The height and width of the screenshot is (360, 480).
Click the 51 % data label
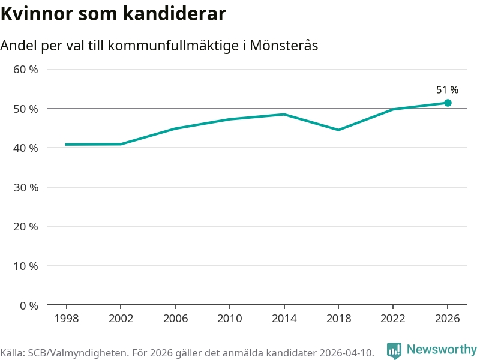point(447,90)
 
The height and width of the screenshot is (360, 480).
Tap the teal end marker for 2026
point(448,103)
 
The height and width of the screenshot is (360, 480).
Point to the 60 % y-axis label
point(26,70)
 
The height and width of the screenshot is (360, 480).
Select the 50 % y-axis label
point(26,109)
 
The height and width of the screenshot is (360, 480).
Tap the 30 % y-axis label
point(26,187)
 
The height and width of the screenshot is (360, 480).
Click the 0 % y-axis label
point(29,305)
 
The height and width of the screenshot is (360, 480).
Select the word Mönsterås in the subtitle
point(284,46)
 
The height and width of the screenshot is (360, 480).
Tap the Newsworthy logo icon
point(394,350)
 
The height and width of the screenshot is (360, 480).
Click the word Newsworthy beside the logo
point(442,349)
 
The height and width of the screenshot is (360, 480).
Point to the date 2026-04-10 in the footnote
point(344,353)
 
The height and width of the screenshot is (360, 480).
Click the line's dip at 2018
point(338,130)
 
